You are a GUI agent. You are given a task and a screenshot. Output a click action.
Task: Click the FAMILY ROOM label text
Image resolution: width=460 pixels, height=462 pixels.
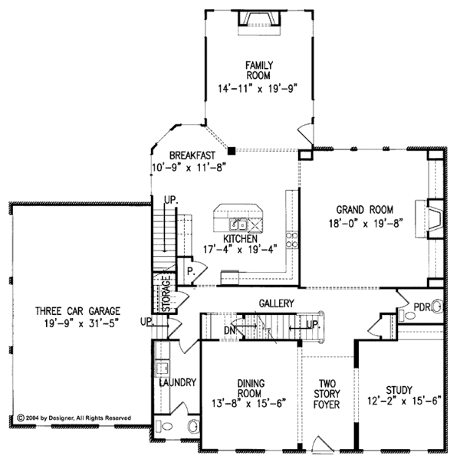pos(260,70)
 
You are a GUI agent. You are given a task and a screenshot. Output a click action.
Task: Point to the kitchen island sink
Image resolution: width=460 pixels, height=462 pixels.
pos(240,224)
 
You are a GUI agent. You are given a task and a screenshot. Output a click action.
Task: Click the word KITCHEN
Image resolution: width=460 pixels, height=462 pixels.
pos(240,239)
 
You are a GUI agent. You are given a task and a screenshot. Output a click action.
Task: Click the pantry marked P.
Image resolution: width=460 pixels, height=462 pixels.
pos(189,271)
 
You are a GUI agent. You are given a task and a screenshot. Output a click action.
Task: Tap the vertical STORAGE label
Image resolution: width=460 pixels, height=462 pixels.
pos(166,296)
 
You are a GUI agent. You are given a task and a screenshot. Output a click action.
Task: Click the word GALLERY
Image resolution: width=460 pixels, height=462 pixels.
pos(277,303)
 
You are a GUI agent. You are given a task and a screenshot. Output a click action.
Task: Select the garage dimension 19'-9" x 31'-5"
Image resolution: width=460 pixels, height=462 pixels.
pos(80,323)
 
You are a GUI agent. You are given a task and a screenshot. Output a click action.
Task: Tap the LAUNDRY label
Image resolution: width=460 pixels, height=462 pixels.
pos(179,382)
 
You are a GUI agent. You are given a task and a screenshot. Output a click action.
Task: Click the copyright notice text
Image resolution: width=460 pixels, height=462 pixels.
pos(74,418)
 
